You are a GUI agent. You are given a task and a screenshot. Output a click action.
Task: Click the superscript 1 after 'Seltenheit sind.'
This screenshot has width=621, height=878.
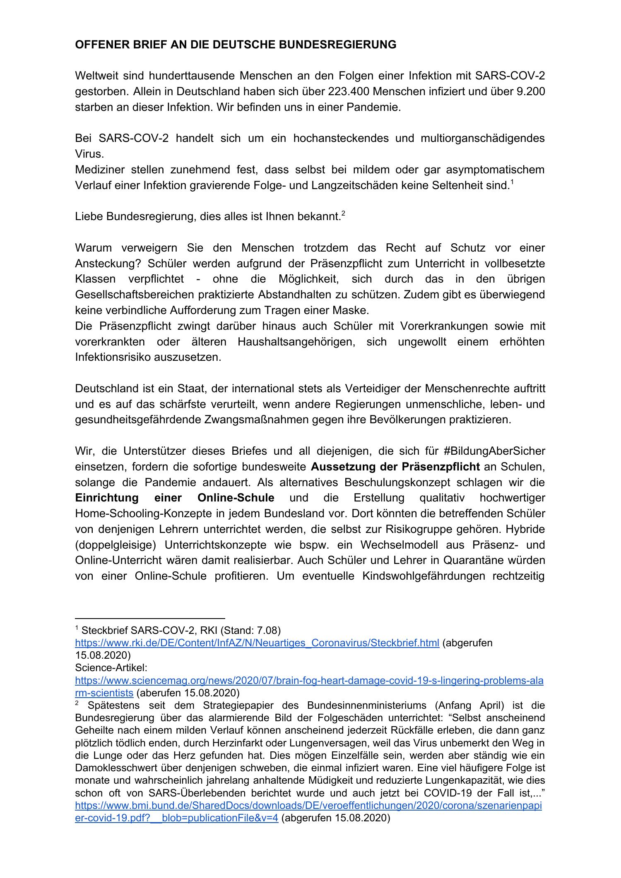pyautogui.click(x=512, y=182)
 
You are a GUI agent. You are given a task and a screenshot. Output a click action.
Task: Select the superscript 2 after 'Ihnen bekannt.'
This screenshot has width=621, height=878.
pyautogui.click(x=343, y=213)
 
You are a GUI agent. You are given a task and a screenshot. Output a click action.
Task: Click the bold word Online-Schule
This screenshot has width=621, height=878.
pyautogui.click(x=236, y=498)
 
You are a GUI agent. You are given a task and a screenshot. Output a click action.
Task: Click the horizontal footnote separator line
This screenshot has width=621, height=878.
pyautogui.click(x=149, y=618)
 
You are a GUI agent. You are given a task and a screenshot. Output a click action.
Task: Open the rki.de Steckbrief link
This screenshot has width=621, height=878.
pyautogui.click(x=257, y=643)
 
